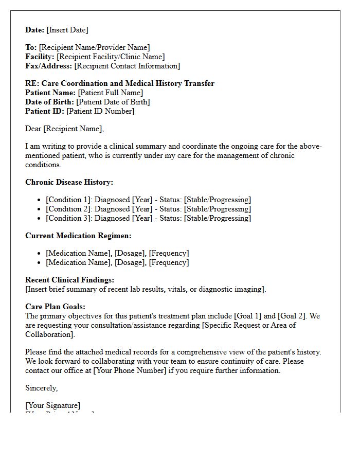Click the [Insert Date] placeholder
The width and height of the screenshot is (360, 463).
[67, 30]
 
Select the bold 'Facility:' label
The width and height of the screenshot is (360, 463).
[40, 57]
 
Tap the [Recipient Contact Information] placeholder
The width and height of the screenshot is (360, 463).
[127, 66]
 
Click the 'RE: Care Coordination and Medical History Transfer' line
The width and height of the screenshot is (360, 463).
[120, 83]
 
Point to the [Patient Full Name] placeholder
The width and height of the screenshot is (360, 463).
[110, 93]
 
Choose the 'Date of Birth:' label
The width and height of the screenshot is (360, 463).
[49, 102]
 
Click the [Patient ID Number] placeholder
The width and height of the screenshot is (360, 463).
[100, 111]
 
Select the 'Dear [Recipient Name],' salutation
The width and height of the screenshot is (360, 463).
[64, 129]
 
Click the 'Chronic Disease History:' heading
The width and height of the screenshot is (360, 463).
[69, 182]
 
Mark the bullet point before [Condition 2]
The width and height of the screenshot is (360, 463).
[40, 209]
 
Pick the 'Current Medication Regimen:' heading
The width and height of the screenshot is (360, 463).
[78, 236]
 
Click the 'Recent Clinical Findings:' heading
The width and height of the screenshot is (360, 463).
[69, 280]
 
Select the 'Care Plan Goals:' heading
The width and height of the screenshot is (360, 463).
[55, 307]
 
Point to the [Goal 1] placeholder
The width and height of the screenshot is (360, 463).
[247, 316]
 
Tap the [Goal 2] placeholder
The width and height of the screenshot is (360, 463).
[293, 316]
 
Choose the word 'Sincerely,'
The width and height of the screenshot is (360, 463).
[41, 388]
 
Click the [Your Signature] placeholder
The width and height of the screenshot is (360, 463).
[52, 405]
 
